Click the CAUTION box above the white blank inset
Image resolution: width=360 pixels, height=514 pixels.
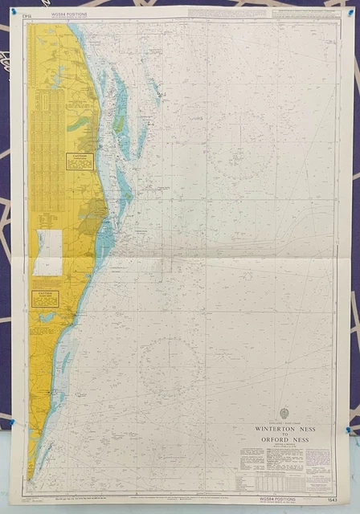[x=80, y=161]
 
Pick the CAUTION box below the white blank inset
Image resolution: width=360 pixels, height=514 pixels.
[x=44, y=299]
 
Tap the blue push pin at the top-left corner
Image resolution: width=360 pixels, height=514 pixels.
[x=13, y=10]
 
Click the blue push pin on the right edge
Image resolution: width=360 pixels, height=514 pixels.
[x=348, y=430]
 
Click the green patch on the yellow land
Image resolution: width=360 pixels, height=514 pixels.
[x=78, y=124]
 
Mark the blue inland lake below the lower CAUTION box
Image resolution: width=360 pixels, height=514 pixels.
[x=47, y=317]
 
